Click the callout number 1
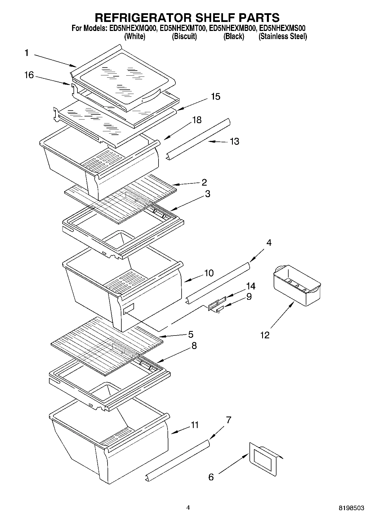click(x=26, y=53)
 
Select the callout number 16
click(x=29, y=75)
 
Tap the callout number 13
click(x=235, y=141)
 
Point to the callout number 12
click(x=265, y=335)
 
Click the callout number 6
click(x=211, y=477)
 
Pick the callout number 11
click(x=195, y=425)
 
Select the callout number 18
click(x=197, y=120)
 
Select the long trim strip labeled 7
click(x=178, y=461)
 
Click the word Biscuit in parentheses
click(x=184, y=37)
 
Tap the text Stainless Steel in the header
click(x=283, y=37)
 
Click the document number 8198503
click(x=351, y=508)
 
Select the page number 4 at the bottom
click(x=188, y=508)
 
